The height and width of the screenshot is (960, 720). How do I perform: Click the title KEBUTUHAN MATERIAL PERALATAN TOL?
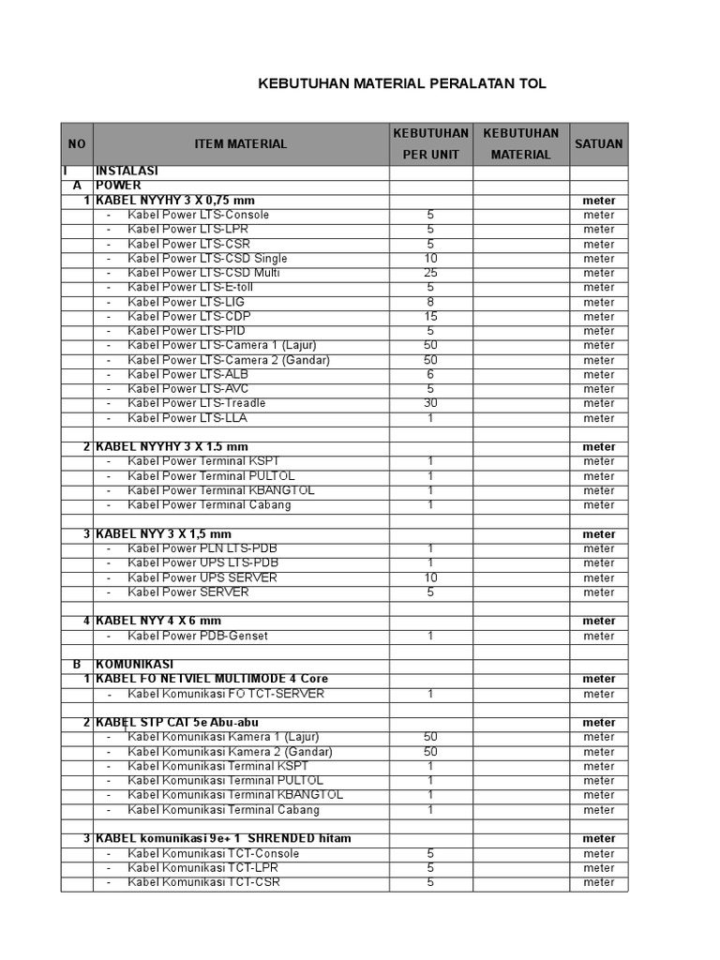click(x=402, y=84)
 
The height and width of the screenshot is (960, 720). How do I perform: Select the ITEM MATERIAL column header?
click(x=241, y=143)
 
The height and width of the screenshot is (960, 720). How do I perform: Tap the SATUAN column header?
click(x=598, y=143)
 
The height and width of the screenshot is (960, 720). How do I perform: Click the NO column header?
click(x=77, y=143)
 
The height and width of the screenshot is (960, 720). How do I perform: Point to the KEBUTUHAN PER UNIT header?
click(x=431, y=143)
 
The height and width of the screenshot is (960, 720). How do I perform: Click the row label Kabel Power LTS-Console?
click(x=199, y=215)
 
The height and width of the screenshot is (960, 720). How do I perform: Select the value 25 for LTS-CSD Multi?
click(x=431, y=273)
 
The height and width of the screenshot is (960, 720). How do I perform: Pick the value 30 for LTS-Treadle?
click(x=431, y=403)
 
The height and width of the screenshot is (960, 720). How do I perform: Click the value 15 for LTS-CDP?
click(x=431, y=316)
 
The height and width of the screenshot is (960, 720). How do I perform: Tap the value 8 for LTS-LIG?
click(x=431, y=302)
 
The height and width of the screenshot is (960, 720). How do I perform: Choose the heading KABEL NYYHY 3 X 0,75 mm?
click(x=175, y=201)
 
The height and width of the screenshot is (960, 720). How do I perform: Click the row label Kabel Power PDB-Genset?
click(x=198, y=636)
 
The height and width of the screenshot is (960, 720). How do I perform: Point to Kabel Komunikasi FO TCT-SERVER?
click(x=226, y=694)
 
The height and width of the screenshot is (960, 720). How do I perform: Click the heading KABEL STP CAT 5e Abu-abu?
click(x=177, y=722)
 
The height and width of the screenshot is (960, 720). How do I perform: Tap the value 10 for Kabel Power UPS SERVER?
click(x=431, y=577)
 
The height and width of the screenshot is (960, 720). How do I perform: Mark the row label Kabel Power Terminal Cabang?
click(x=210, y=504)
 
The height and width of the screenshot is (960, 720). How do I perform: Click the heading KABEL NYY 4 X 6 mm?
click(x=158, y=621)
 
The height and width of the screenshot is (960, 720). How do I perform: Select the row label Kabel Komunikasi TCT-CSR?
click(x=204, y=881)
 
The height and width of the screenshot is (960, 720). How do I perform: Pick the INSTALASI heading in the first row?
click(x=127, y=172)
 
